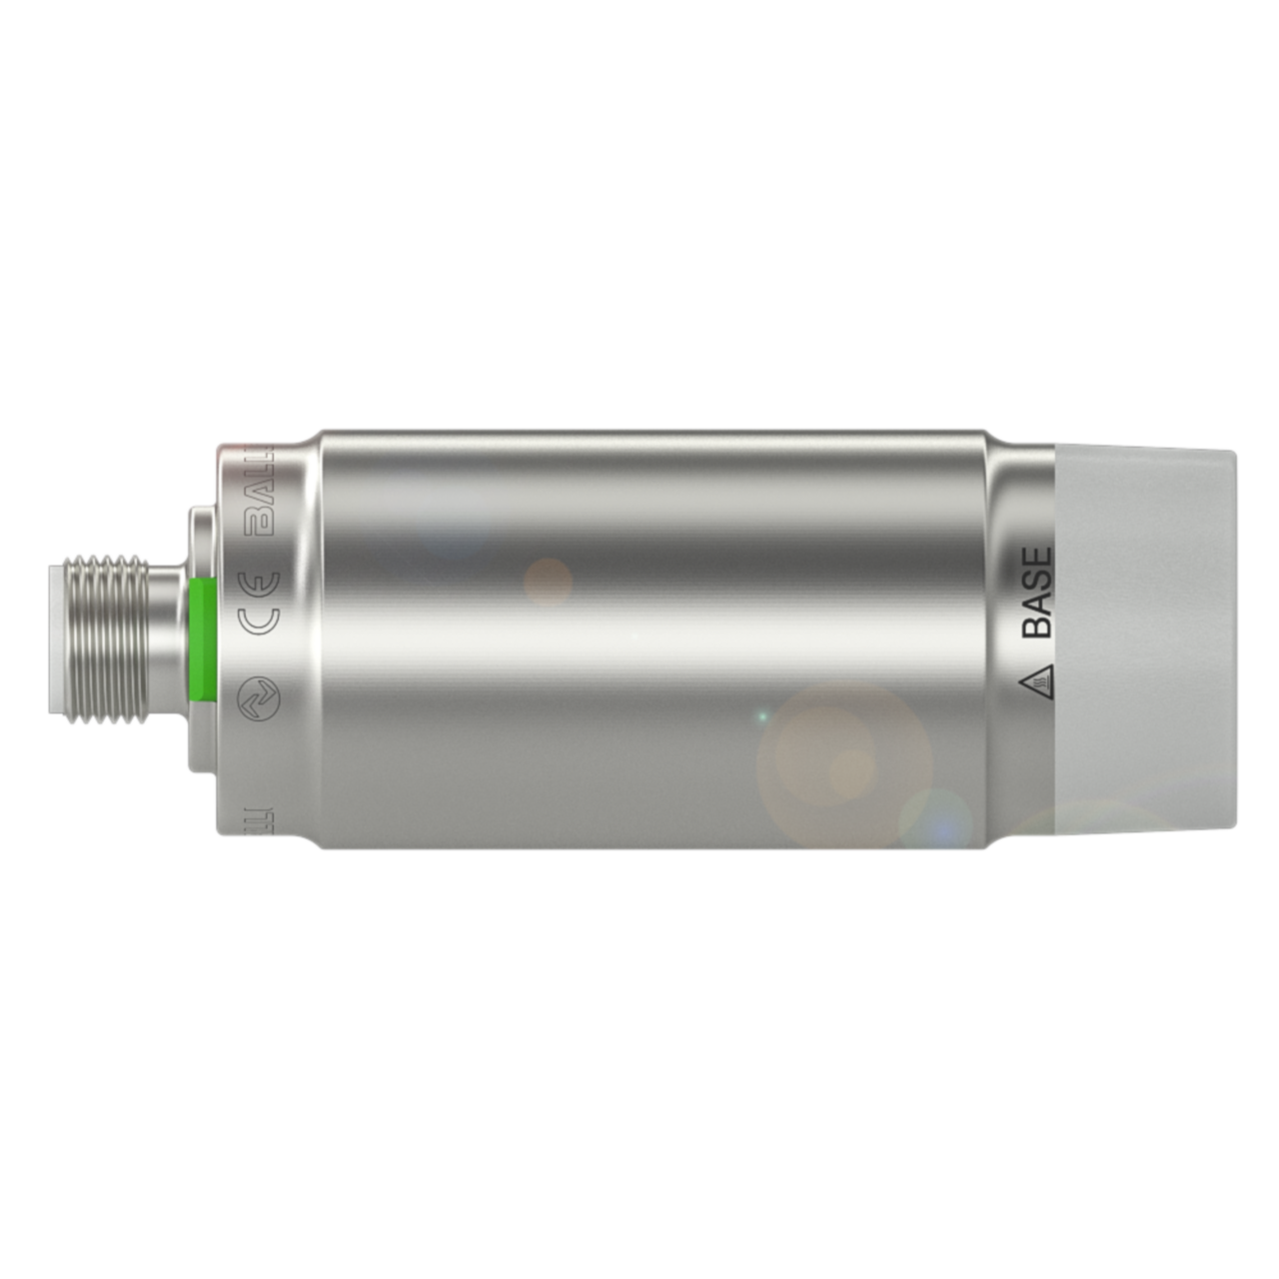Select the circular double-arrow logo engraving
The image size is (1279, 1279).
261,699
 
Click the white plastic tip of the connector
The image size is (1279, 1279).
57,640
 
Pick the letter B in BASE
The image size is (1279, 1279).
1037,626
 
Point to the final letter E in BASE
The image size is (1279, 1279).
1037,556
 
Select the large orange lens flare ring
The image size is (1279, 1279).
844,764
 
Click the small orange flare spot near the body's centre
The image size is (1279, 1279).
548,580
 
